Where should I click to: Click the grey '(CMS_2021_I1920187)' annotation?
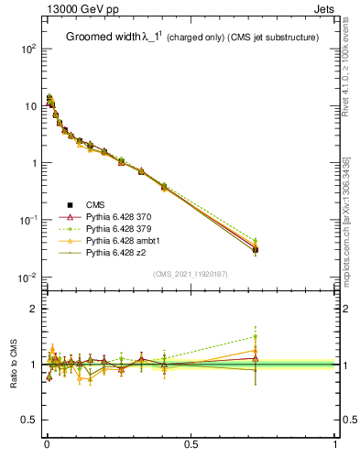pos(191,273)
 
